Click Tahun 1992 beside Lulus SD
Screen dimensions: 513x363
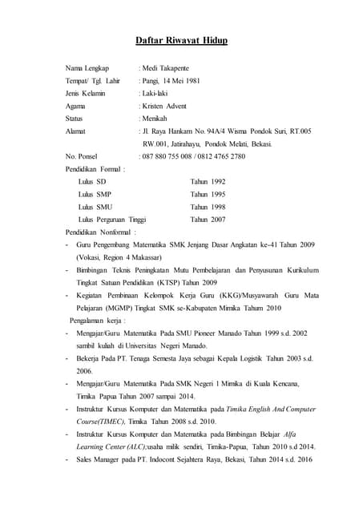pyautogui.click(x=208, y=182)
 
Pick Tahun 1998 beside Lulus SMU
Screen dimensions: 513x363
pyautogui.click(x=208, y=207)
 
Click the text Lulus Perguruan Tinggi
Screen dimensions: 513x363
pyautogui.click(x=112, y=219)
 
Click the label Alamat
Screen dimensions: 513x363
pyautogui.click(x=75, y=131)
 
